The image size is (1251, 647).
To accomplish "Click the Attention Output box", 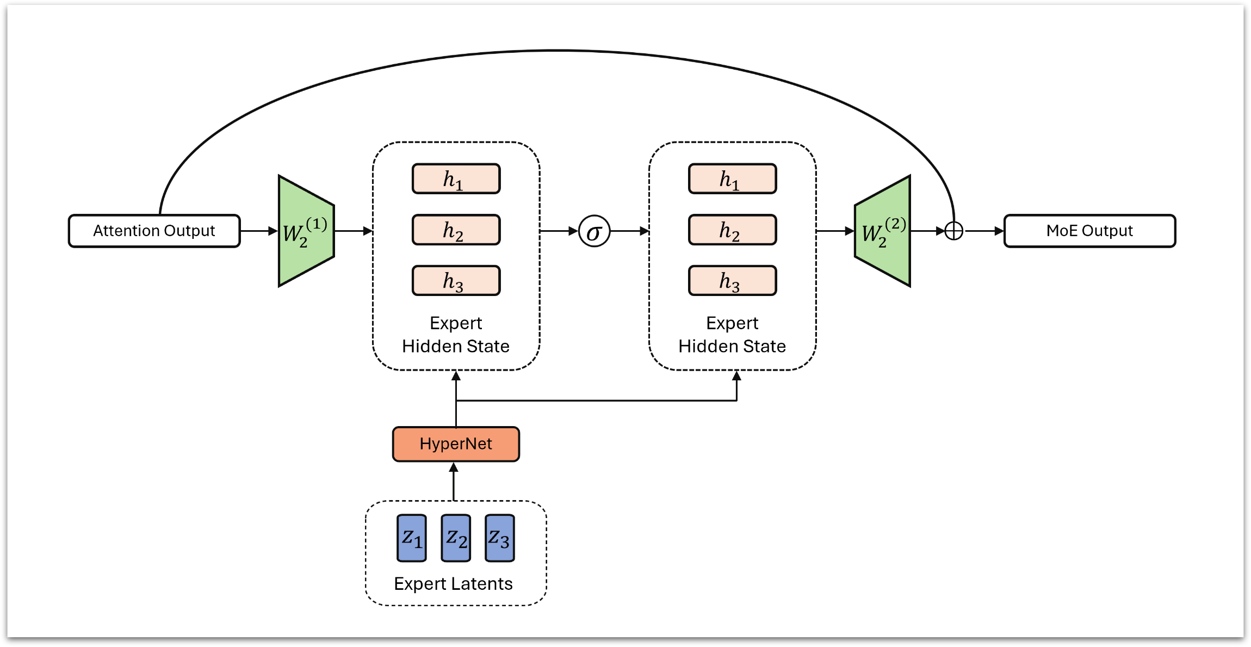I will (x=154, y=231).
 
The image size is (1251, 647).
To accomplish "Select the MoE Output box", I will (x=1089, y=231).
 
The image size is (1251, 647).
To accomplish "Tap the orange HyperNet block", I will (x=456, y=444).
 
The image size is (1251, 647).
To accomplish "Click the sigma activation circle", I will (x=594, y=231).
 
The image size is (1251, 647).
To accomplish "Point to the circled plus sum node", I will (x=953, y=231).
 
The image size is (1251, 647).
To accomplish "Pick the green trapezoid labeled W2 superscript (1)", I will (x=306, y=231).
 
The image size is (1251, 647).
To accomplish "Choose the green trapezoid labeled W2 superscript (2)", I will (x=882, y=231).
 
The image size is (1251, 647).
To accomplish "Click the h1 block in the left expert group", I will (x=456, y=178).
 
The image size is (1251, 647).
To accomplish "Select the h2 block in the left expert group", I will (x=456, y=230).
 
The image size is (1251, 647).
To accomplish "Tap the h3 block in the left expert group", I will (x=456, y=281).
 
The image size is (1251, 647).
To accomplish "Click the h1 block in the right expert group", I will (x=732, y=178).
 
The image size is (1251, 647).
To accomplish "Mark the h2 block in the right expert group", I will (x=732, y=230).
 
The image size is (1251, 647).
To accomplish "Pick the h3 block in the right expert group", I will (x=732, y=281).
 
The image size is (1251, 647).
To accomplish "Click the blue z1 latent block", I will (x=412, y=538).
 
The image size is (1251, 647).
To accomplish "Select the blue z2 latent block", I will (x=456, y=538).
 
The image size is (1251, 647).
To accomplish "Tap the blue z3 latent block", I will (x=499, y=538).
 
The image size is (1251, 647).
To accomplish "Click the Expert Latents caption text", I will (x=453, y=583).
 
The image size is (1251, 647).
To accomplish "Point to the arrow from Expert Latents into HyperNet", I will (x=454, y=481).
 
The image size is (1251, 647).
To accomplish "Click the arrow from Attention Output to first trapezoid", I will (x=259, y=231).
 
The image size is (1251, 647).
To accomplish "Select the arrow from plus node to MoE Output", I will (x=984, y=231).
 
